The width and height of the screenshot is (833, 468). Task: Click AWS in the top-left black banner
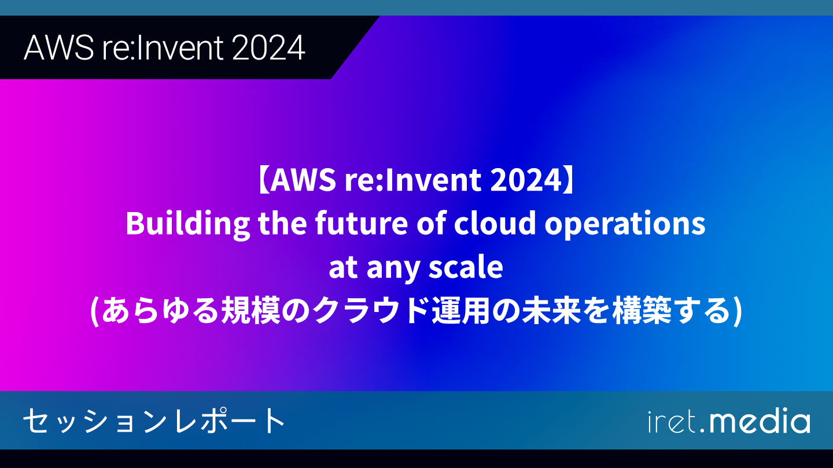(x=59, y=48)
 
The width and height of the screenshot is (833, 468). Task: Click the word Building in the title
(x=188, y=224)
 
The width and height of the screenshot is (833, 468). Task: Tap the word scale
(x=466, y=267)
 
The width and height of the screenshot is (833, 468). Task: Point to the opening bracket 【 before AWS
(x=263, y=180)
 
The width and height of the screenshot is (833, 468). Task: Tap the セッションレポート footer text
(x=154, y=421)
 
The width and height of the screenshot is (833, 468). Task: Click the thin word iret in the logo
(x=672, y=421)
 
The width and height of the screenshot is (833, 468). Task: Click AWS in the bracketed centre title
(x=303, y=180)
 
